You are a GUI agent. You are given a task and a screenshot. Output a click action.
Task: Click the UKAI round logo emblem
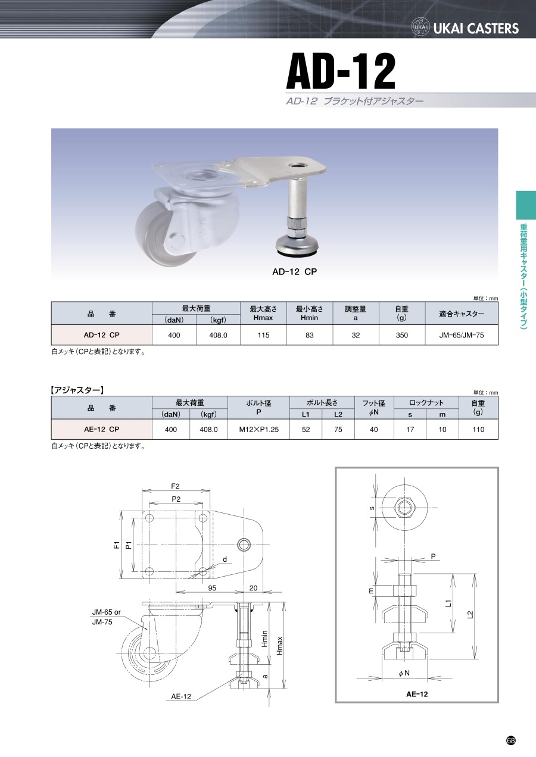(x=420, y=27)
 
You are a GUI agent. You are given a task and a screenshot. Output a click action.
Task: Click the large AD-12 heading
(x=341, y=71)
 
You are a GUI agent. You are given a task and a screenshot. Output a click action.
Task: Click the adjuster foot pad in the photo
(x=297, y=245)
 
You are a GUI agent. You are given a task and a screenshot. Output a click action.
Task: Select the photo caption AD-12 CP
(x=295, y=272)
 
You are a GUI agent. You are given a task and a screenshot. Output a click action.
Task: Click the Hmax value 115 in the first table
(x=263, y=335)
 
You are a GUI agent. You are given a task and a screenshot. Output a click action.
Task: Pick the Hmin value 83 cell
(x=310, y=335)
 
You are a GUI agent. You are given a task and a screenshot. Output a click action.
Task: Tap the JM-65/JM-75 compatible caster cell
(x=462, y=335)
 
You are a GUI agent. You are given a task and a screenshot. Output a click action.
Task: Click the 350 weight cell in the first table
(x=402, y=335)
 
